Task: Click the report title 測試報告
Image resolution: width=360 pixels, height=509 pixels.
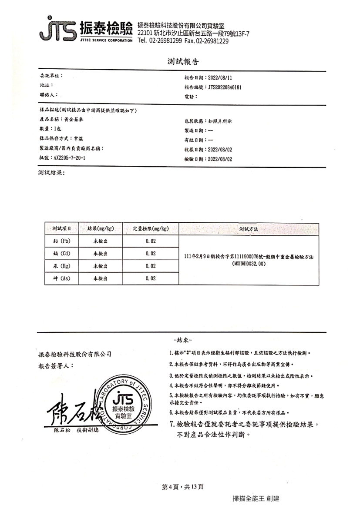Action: (183, 61)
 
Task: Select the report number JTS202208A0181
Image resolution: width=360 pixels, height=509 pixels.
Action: (225, 87)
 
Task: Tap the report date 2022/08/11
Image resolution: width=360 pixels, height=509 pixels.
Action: (222, 78)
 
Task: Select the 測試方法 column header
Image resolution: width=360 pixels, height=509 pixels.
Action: (249, 228)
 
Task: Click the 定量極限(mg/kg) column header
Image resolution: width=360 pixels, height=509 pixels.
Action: (151, 228)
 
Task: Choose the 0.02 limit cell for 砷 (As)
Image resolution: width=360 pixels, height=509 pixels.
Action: (151, 278)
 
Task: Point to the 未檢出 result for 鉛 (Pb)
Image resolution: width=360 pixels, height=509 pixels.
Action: (101, 241)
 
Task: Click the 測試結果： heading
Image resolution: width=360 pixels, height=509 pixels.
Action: (51, 173)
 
